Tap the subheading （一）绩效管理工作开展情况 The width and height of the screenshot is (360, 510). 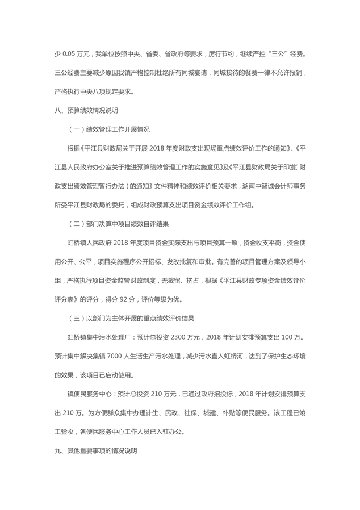click(109, 129)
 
